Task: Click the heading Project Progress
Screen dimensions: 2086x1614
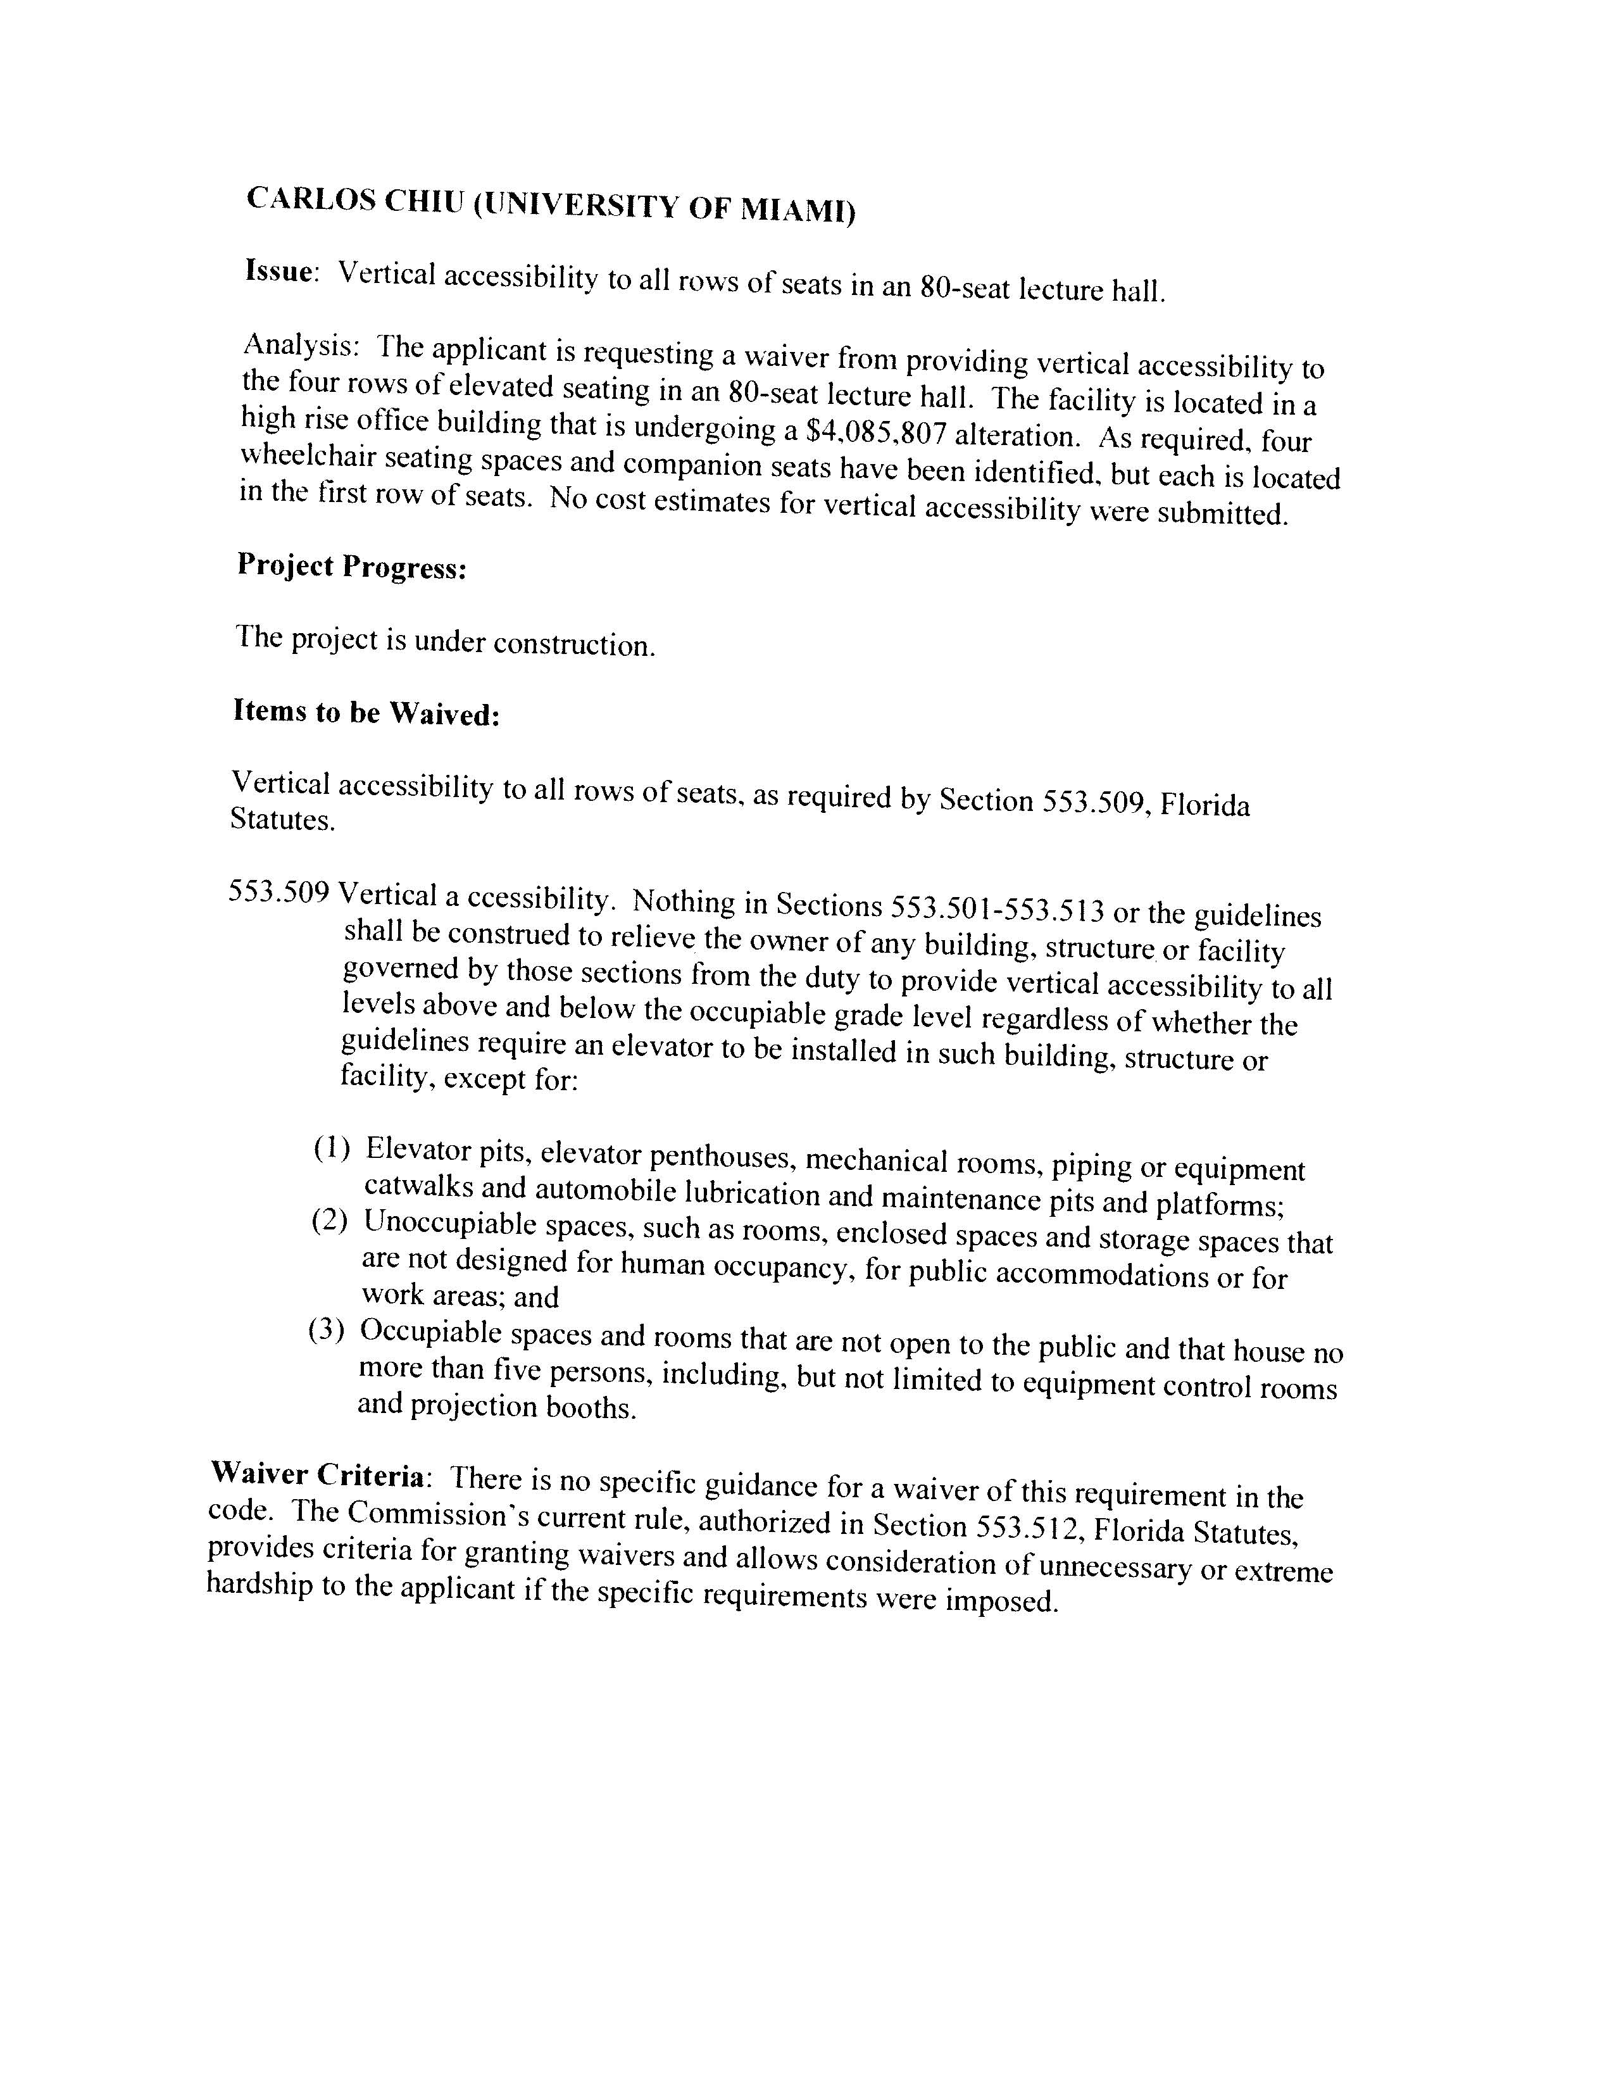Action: (x=351, y=567)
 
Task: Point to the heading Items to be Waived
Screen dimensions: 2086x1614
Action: (x=366, y=713)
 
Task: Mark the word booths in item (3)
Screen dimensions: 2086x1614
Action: (x=590, y=1408)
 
